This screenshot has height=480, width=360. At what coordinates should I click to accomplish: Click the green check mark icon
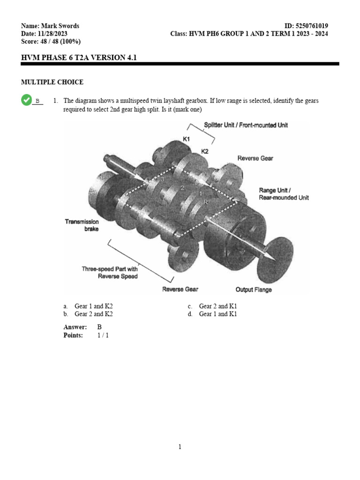pos(26,99)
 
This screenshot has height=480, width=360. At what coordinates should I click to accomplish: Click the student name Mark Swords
pos(60,26)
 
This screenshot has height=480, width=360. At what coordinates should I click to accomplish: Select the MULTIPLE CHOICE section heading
pos(52,82)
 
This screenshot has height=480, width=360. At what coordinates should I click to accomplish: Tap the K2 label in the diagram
pos(205,151)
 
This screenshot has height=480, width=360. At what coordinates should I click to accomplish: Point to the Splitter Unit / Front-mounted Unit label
pos(246,125)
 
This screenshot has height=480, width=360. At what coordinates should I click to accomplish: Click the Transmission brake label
pos(82,225)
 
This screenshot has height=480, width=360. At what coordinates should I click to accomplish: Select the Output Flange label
pos(253,289)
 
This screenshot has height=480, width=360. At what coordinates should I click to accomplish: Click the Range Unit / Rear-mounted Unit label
pos(284,194)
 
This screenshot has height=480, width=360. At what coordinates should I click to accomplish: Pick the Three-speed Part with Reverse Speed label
pos(110,273)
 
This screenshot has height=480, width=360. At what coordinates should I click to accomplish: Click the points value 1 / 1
pos(103,335)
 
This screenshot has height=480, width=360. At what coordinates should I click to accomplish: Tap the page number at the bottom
pos(180,447)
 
